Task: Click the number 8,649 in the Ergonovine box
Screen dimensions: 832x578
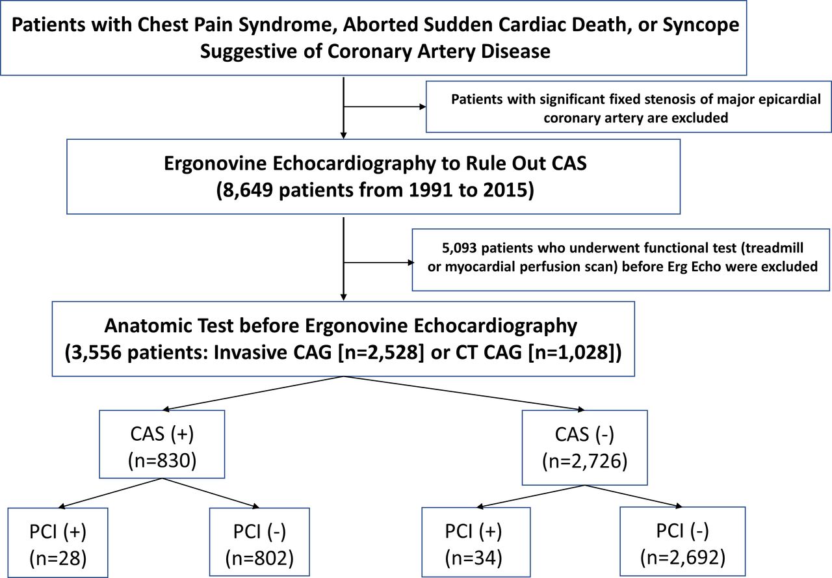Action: click(245, 190)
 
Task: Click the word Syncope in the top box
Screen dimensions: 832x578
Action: click(701, 25)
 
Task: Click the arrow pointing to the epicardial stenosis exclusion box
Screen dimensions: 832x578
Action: click(384, 107)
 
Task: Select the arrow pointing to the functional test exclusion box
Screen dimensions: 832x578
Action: click(378, 263)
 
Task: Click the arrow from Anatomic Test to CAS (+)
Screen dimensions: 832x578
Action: click(253, 393)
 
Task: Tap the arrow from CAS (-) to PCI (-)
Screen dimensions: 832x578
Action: click(634, 496)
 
